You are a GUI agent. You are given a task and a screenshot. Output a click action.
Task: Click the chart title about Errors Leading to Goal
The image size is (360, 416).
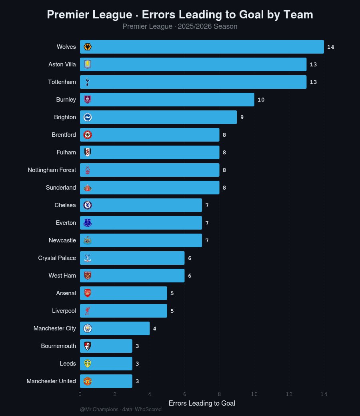click(x=180, y=15)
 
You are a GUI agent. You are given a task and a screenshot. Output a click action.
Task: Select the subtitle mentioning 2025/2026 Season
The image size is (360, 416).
click(x=180, y=27)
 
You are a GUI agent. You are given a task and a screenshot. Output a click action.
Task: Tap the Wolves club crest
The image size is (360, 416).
click(x=88, y=47)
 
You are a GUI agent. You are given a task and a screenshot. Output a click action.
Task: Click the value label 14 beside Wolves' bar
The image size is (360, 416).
click(x=330, y=47)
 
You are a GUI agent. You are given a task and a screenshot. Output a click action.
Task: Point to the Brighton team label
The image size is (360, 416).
click(x=65, y=117)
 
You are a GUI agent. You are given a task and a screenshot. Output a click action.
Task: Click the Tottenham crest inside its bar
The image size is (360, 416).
click(x=88, y=82)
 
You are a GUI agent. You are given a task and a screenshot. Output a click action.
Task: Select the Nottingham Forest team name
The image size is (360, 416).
click(x=52, y=170)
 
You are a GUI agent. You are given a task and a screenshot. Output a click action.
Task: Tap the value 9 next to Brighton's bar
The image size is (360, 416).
click(x=242, y=117)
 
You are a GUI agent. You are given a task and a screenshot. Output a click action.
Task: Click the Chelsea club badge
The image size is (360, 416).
click(x=88, y=205)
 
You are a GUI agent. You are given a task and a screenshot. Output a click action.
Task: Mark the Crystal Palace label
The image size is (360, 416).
click(x=57, y=258)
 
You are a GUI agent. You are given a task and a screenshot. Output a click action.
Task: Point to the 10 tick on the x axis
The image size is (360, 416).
click(x=254, y=394)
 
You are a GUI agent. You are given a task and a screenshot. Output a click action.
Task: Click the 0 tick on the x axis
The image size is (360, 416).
click(x=80, y=394)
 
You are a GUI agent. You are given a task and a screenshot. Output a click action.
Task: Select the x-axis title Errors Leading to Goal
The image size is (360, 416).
click(x=202, y=403)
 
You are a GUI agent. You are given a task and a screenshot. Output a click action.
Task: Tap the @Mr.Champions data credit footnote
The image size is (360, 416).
click(x=121, y=410)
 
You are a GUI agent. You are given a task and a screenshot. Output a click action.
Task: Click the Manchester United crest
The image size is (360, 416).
click(x=88, y=381)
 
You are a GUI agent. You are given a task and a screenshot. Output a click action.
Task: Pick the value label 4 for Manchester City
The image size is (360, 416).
click(x=155, y=328)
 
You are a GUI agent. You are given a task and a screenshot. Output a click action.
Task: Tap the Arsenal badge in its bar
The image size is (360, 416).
click(x=88, y=293)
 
